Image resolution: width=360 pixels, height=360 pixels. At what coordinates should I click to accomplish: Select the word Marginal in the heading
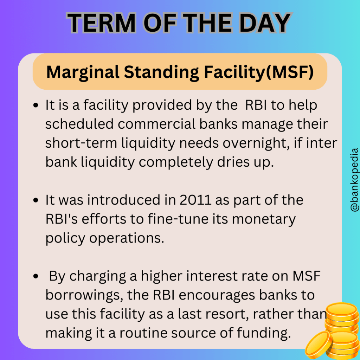click(83, 72)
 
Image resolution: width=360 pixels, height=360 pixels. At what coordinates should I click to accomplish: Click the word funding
click(267, 333)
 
